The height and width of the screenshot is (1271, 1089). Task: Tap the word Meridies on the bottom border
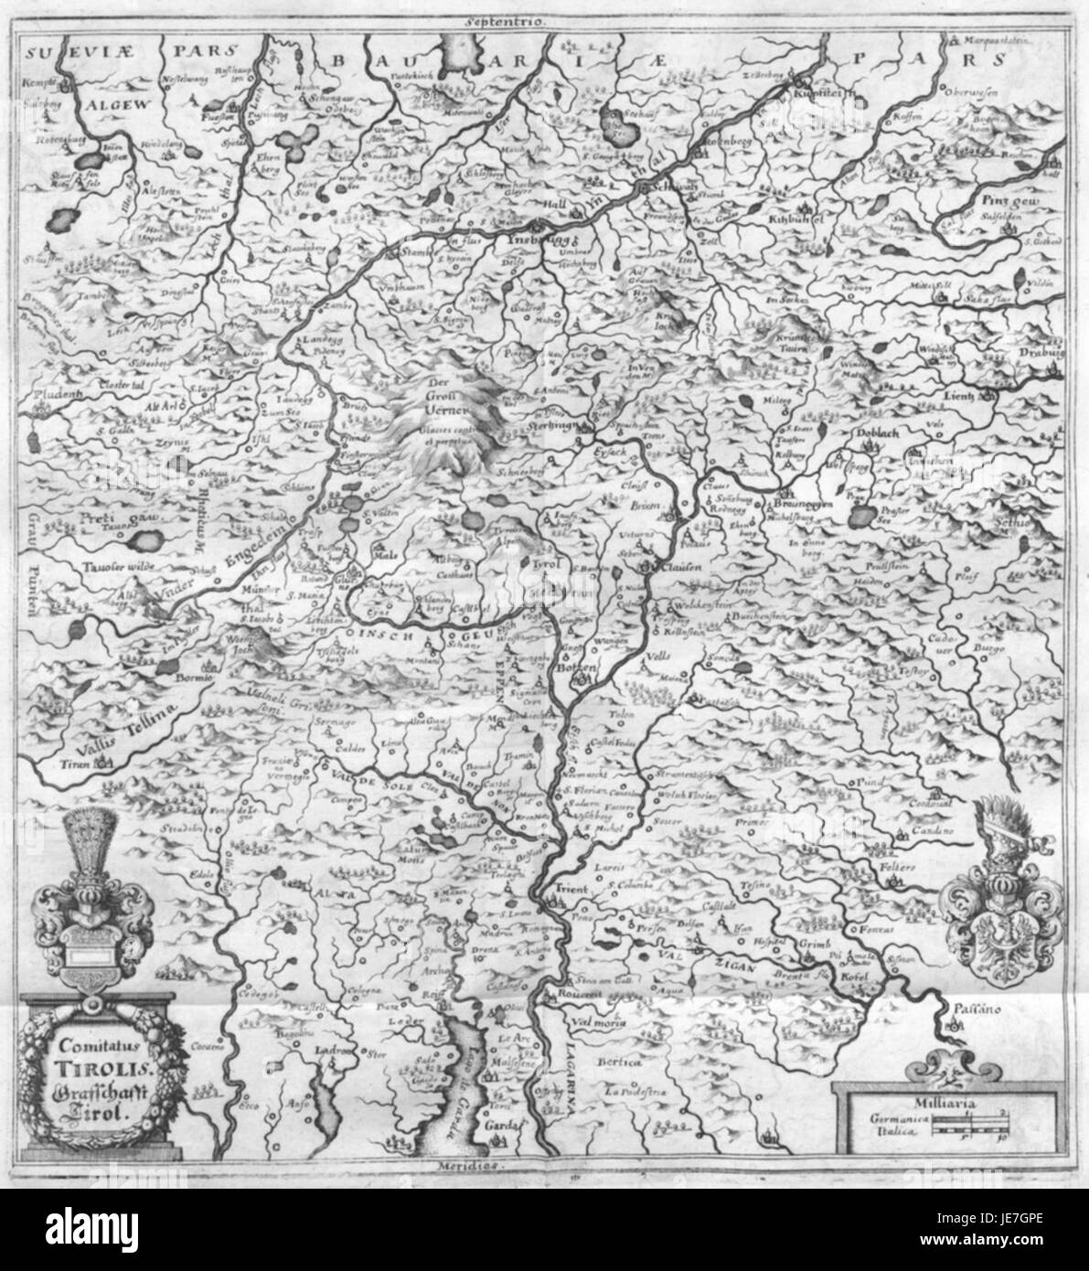pyautogui.click(x=458, y=1167)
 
